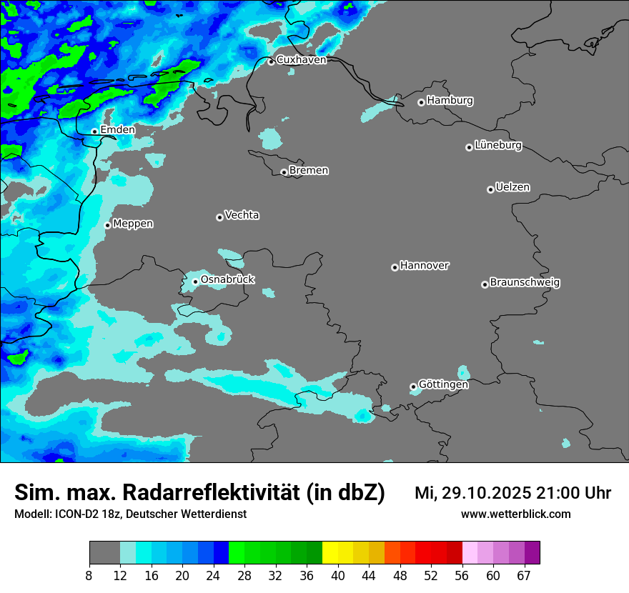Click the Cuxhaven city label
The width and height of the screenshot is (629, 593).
tap(301, 60)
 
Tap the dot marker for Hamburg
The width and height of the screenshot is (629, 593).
tap(421, 102)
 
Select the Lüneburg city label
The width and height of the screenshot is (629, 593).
tap(498, 146)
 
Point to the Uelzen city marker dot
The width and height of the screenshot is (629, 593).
tap(490, 189)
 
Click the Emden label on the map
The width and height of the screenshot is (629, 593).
tap(117, 130)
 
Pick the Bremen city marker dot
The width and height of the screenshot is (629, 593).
tap(284, 172)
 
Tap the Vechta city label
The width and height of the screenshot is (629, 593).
tap(242, 215)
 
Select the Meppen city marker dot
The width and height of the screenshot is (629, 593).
tap(107, 225)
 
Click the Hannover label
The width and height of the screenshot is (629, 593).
tap(424, 266)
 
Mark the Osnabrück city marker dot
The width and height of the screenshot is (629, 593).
tap(195, 281)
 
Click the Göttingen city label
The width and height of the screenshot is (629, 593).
tap(443, 384)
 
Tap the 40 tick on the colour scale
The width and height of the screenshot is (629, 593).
tap(338, 576)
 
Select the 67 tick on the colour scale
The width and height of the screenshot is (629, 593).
tap(524, 576)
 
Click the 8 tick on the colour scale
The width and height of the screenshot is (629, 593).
tap(89, 576)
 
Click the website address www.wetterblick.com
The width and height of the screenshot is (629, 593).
tap(515, 514)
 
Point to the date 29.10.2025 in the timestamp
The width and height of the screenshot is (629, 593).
tap(485, 493)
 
